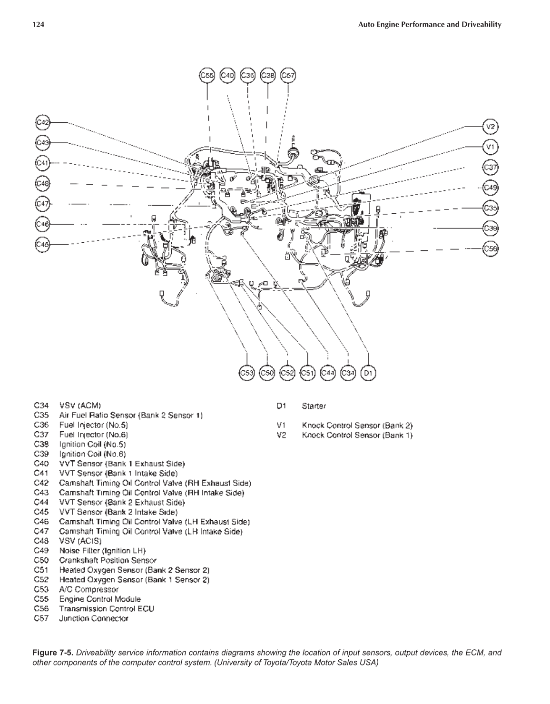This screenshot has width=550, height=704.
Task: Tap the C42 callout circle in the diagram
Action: click(x=43, y=122)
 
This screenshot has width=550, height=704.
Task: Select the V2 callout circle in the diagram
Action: click(x=491, y=127)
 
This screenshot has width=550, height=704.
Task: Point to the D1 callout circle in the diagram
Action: click(x=368, y=373)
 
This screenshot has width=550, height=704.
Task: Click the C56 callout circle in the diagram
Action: click(x=491, y=248)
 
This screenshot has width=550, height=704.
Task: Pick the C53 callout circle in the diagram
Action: click(x=247, y=373)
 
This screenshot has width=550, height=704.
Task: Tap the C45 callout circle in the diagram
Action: click(x=43, y=244)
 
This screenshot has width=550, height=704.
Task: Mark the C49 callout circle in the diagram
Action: click(x=491, y=188)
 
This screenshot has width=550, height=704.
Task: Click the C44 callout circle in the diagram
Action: click(x=328, y=373)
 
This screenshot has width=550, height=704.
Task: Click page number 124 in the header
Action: click(x=38, y=25)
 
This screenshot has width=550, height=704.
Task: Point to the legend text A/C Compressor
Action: click(x=88, y=589)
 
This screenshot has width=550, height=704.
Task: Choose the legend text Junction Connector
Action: click(x=94, y=618)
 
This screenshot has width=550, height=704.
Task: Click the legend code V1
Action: click(x=281, y=425)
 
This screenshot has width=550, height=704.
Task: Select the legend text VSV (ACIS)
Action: click(x=80, y=541)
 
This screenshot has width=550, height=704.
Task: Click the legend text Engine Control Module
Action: click(x=100, y=599)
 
